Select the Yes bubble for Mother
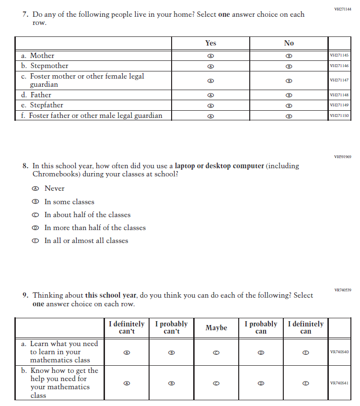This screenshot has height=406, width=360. [210, 56]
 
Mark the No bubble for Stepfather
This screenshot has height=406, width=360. [289, 105]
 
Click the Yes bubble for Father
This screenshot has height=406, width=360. [210, 95]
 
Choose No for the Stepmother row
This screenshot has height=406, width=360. [289, 66]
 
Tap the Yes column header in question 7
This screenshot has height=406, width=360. [210, 43]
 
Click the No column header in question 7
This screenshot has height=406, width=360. [289, 43]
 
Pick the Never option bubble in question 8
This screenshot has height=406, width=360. [35, 189]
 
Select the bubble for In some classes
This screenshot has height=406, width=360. [35, 202]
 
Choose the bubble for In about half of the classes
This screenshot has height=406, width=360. [35, 215]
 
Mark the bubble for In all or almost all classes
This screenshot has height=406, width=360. [35, 241]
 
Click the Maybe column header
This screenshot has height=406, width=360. [216, 328]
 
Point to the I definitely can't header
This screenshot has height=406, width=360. [127, 328]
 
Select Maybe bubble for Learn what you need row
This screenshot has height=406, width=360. [216, 352]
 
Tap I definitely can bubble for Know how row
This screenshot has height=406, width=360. [305, 383]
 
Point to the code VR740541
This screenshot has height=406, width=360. [339, 383]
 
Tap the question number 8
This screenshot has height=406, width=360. [25, 166]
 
